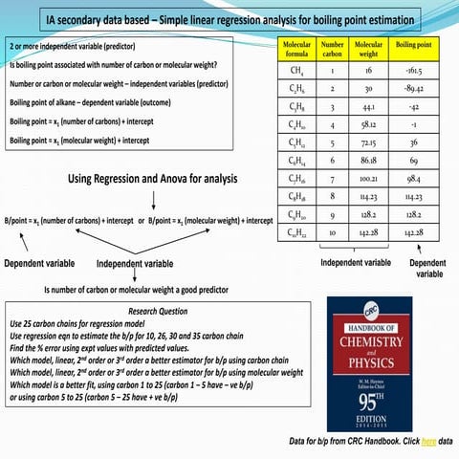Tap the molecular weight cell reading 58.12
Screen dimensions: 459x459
click(369, 124)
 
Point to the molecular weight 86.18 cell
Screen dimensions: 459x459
click(369, 160)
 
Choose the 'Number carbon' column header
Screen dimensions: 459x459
click(333, 49)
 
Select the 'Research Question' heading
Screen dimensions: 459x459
click(161, 312)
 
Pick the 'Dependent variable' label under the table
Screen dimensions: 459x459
click(426, 267)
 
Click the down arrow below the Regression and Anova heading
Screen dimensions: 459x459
click(153, 200)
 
